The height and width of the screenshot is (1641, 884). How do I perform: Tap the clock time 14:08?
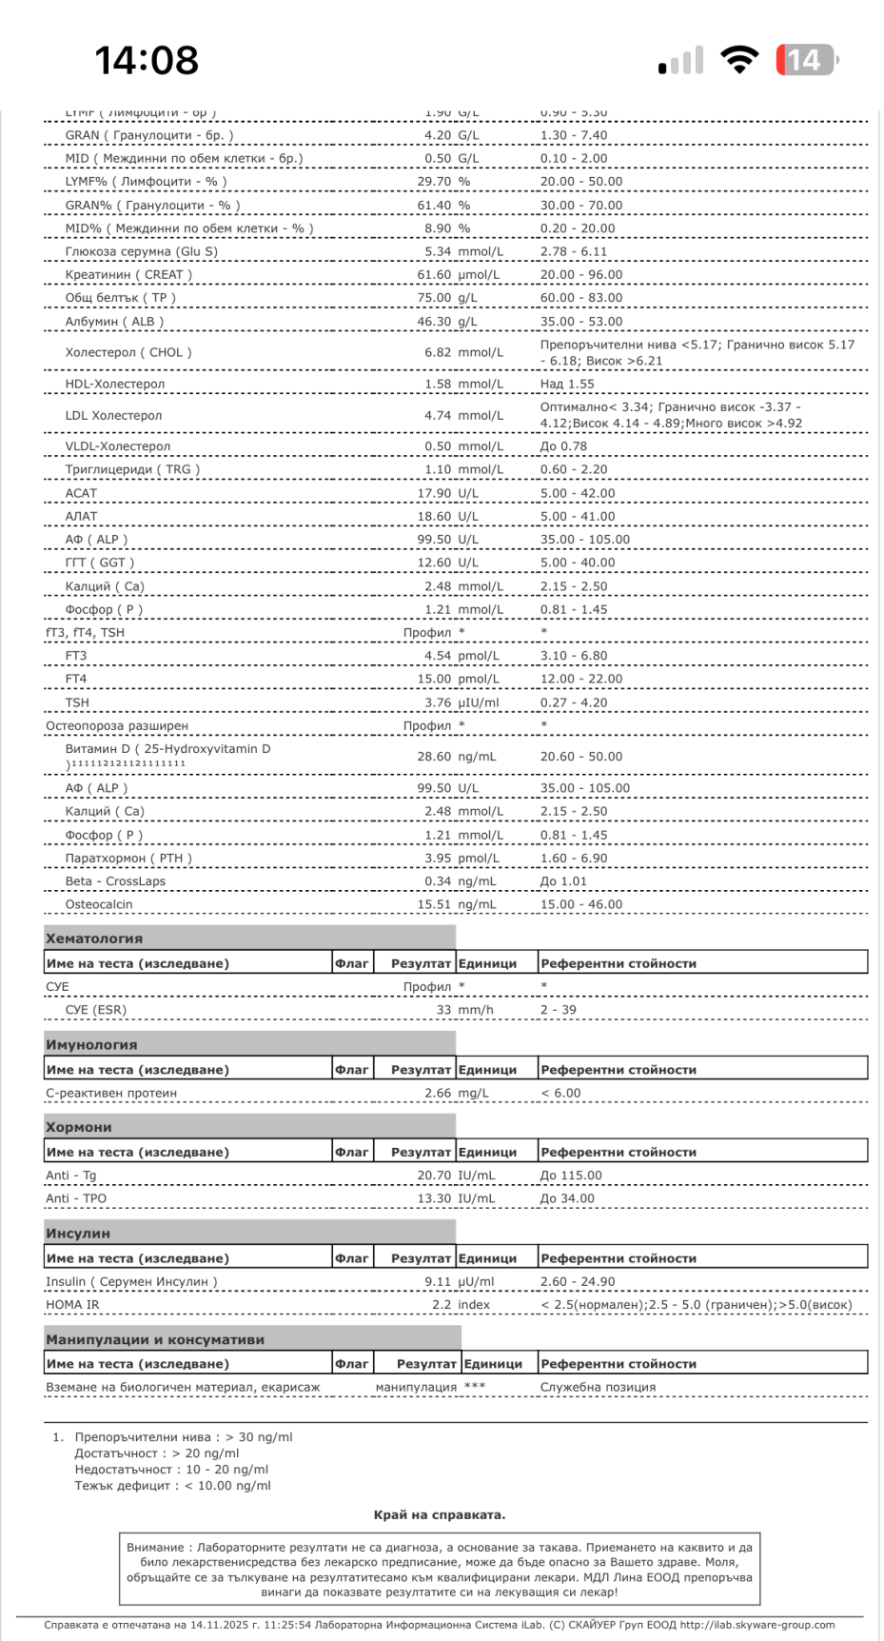(x=147, y=61)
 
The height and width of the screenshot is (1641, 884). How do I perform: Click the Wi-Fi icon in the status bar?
(x=738, y=60)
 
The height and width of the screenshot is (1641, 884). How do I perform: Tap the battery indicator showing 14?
(x=805, y=60)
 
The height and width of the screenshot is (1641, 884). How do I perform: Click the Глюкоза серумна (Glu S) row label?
(x=141, y=251)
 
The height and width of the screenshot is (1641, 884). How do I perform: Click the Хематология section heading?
(x=94, y=938)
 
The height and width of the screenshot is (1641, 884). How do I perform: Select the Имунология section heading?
(x=91, y=1044)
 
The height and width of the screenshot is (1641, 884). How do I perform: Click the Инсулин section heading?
(x=78, y=1233)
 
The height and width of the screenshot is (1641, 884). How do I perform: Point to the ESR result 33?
(x=443, y=1010)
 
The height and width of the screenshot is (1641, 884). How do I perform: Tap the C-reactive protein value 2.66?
(x=438, y=1093)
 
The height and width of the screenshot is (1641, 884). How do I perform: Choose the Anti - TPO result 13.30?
(x=434, y=1198)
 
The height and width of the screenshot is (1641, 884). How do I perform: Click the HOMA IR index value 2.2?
(x=442, y=1305)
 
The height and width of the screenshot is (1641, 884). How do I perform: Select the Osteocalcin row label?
(x=99, y=904)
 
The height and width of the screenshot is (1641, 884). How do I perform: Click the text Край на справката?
(x=440, y=1514)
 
